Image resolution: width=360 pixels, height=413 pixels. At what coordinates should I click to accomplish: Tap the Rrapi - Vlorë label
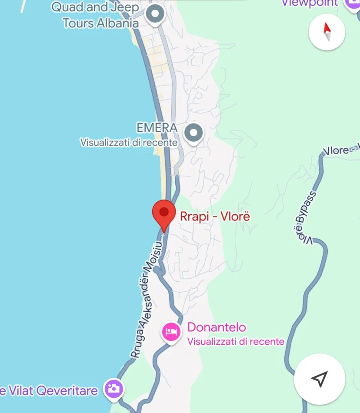point(215,216)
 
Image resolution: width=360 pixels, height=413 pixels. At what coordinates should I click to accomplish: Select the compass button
point(327,32)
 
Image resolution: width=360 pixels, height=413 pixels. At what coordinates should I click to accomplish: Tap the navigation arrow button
point(320,379)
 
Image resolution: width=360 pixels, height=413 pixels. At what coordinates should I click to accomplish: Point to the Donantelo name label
point(217,327)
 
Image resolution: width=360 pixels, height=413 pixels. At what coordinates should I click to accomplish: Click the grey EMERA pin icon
point(193,133)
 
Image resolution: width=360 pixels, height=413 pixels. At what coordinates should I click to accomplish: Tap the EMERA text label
point(157,128)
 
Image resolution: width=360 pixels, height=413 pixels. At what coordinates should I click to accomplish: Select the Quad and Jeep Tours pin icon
point(155,14)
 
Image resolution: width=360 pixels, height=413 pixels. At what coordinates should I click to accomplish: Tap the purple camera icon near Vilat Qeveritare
point(113,388)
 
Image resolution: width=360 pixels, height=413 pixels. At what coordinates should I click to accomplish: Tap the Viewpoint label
point(310,3)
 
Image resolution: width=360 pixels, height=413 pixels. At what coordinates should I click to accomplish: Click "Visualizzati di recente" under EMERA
point(129,142)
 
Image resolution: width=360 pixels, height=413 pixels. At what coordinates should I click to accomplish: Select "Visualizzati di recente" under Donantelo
point(236,341)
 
